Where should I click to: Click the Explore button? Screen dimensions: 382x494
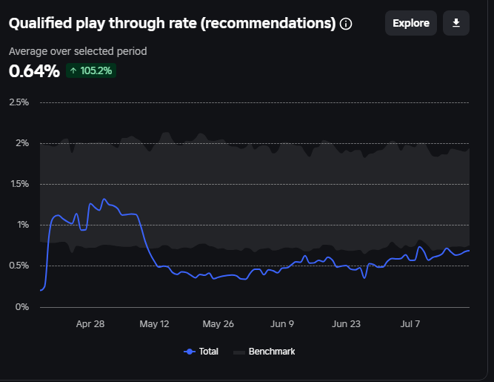coord(410,23)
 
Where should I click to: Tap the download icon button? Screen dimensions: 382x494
coord(456,23)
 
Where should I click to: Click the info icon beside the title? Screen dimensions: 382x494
coord(346,24)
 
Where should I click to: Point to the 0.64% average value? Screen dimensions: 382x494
coord(34,71)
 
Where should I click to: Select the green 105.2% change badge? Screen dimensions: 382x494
coord(91,71)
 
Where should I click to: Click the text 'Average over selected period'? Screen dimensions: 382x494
coord(78,51)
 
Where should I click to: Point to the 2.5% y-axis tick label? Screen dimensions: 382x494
coord(19,102)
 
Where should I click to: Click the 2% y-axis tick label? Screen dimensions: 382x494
coord(23,143)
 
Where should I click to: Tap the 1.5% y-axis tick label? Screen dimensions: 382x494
coord(19,184)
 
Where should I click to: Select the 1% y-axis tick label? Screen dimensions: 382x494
coord(23,225)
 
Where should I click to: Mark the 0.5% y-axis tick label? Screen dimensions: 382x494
coord(19,266)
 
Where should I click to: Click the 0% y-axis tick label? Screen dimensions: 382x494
coord(23,306)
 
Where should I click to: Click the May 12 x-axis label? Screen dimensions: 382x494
coord(155,324)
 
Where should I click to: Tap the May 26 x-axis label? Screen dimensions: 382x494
coord(218,324)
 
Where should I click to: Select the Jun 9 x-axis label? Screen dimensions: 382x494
coord(282,324)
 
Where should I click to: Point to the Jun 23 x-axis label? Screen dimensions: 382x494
coord(346,324)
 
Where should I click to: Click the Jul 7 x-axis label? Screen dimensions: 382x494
coord(410,324)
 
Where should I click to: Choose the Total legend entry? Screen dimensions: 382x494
coord(201,352)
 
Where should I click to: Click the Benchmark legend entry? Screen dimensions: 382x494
coord(264,352)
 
